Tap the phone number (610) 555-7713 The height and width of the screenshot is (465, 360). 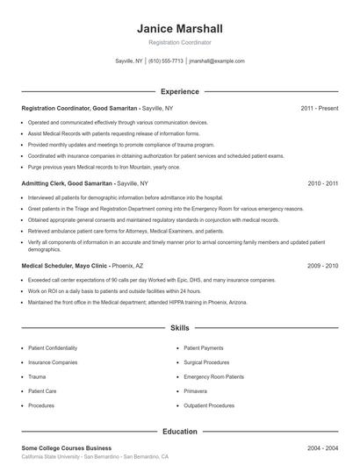[166, 61]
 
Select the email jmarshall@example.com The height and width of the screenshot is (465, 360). [216, 61]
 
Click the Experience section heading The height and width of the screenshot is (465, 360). [179, 91]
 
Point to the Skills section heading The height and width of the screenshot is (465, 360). [179, 328]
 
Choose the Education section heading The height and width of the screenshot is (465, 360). [179, 432]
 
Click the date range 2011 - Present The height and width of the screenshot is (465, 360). [320, 108]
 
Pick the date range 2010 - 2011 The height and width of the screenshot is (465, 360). [323, 184]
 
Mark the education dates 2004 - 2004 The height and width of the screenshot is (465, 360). [323, 447]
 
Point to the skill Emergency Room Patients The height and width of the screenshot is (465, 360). [213, 377]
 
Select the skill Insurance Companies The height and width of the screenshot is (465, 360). [53, 361]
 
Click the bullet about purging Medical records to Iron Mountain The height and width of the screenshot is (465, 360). [104, 167]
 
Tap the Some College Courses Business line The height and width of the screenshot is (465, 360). [66, 447]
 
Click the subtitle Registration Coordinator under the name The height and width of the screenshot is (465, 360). [179, 42]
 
